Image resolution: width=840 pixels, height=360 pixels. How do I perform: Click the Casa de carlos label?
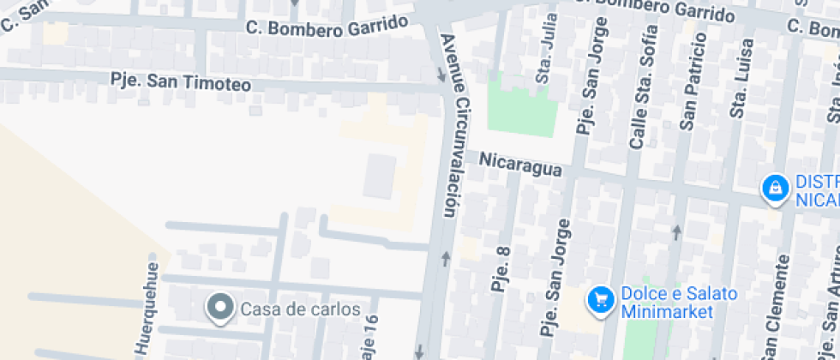click(x=300, y=309)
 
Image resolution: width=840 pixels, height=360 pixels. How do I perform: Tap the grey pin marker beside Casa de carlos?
click(x=221, y=308)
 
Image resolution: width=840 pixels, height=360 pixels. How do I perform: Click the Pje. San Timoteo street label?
click(x=181, y=81)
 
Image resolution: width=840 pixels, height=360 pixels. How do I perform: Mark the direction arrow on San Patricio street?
click(x=677, y=231)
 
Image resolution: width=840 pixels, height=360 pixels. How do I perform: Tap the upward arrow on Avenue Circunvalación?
click(x=445, y=259)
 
